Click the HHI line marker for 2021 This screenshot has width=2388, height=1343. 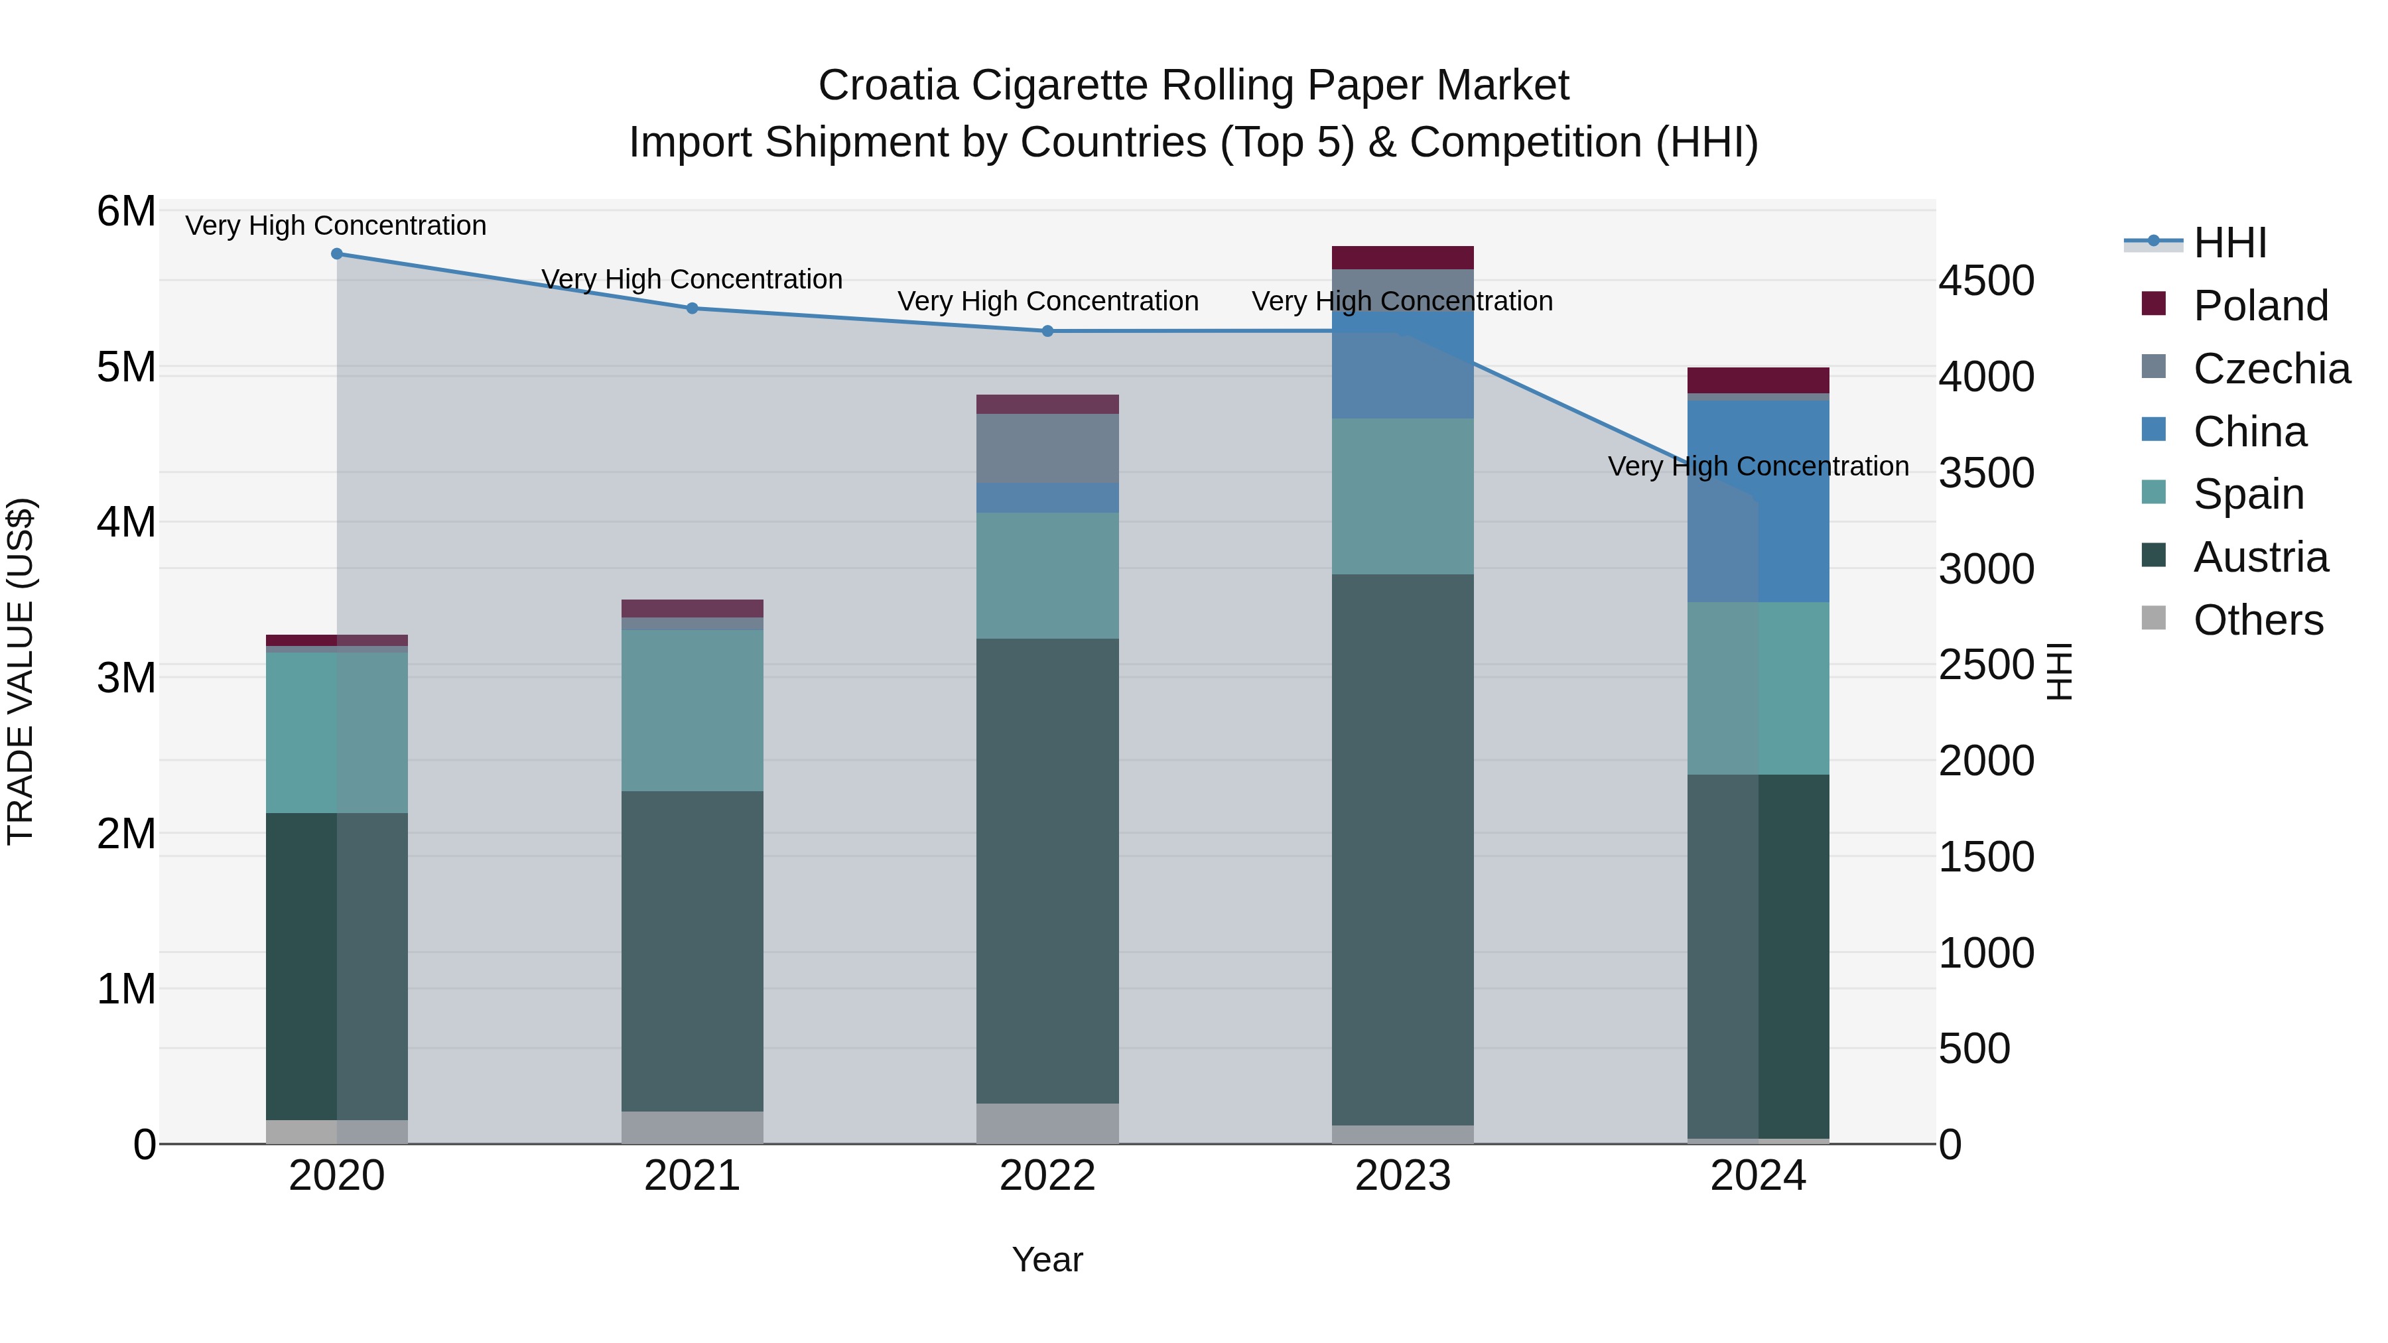click(x=693, y=308)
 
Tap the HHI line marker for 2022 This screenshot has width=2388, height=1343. click(x=1047, y=331)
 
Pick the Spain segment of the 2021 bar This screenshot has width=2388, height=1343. click(x=693, y=710)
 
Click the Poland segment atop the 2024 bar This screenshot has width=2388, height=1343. click(x=1758, y=380)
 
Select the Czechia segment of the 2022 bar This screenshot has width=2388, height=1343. click(x=1047, y=448)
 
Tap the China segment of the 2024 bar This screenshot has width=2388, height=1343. click(x=1758, y=501)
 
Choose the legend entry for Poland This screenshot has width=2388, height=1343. click(x=2260, y=306)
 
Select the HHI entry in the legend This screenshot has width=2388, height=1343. click(x=2229, y=243)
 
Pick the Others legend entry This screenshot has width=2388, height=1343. click(x=2257, y=620)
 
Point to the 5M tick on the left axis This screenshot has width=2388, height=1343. click(x=126, y=367)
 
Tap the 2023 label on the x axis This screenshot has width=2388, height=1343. click(x=1402, y=1176)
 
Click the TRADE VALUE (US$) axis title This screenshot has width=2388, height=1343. click(x=21, y=671)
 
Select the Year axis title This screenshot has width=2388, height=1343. click(x=1047, y=1259)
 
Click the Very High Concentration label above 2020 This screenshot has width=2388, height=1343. click(x=336, y=225)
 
